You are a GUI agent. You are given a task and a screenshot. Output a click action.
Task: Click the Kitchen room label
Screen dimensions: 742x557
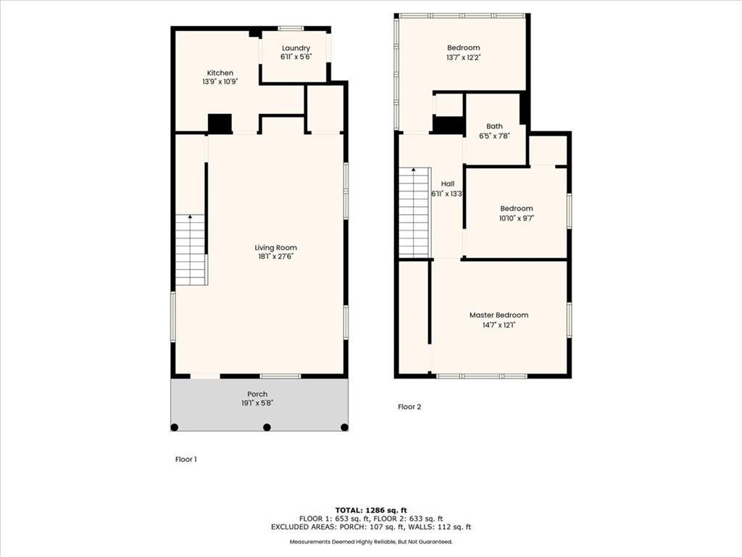(x=220, y=73)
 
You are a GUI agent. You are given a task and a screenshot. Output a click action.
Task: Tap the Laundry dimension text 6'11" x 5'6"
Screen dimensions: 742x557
(x=296, y=57)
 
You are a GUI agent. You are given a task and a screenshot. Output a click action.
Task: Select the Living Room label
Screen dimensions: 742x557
(x=276, y=248)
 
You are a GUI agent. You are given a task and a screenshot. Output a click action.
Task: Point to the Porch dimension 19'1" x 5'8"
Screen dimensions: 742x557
(x=257, y=403)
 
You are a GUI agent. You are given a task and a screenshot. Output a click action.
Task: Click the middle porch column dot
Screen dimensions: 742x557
(x=267, y=427)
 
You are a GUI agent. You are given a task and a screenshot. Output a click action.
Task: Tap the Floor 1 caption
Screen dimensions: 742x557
(x=186, y=459)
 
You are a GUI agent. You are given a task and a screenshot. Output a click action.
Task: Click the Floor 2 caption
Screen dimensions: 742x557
(x=409, y=406)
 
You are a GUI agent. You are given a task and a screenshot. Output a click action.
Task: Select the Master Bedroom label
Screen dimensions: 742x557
(x=499, y=315)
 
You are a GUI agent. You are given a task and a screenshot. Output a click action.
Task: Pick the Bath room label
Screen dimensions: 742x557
(x=494, y=126)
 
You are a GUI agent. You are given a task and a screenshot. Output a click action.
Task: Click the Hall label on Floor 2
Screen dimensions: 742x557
(x=448, y=183)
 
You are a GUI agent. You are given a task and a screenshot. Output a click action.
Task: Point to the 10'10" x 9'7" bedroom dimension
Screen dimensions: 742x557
(x=516, y=218)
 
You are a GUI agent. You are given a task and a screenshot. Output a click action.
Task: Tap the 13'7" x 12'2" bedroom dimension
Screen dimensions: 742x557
(x=464, y=57)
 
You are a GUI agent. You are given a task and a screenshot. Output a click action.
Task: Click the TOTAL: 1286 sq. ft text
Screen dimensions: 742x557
(x=371, y=510)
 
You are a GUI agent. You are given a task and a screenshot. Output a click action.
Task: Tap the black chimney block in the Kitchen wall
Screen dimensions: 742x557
(x=220, y=123)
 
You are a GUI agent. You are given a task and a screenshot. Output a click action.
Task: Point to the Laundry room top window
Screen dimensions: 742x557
(x=291, y=28)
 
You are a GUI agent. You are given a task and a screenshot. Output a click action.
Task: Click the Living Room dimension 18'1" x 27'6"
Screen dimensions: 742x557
(x=276, y=257)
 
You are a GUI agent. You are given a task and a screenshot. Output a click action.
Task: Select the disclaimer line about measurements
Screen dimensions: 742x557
(x=371, y=541)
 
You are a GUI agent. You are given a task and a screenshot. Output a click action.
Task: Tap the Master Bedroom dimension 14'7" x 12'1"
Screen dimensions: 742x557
(x=499, y=325)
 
